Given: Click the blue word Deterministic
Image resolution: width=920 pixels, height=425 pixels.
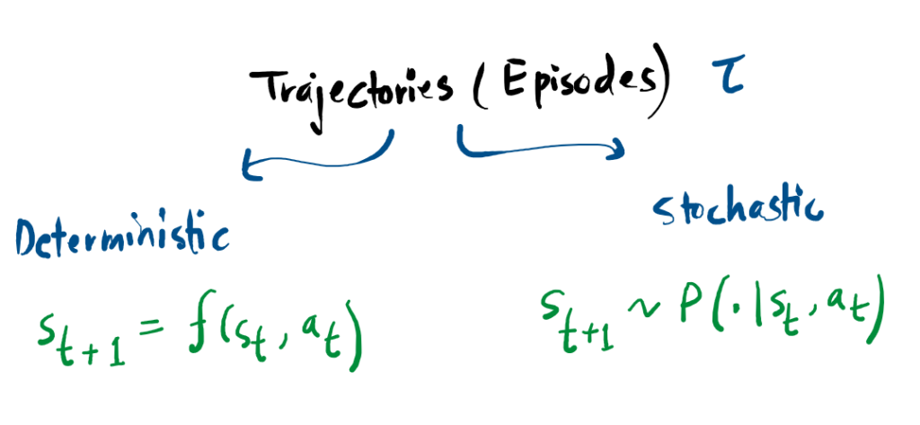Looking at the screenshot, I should pos(121,237).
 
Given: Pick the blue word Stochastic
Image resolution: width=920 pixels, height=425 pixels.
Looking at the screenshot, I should pos(737,209).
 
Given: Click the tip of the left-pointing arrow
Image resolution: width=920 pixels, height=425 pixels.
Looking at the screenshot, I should pos(243,165).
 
